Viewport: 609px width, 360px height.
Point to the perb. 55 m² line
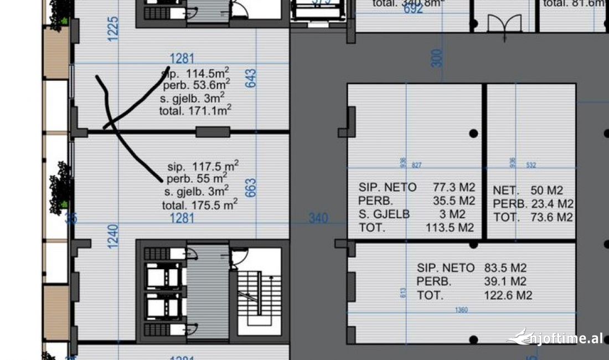coord(197,178)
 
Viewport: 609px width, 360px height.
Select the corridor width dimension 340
coord(318,219)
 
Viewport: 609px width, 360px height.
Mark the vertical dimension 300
coord(437,58)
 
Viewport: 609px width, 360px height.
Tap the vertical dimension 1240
coord(113,236)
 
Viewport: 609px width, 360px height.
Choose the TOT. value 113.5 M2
coord(450,228)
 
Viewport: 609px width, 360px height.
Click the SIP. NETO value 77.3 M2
coord(453,187)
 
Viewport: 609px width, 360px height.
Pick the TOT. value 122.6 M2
coord(508,295)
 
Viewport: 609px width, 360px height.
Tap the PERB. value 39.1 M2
coord(505,281)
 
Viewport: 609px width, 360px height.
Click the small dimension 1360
coord(461,310)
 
